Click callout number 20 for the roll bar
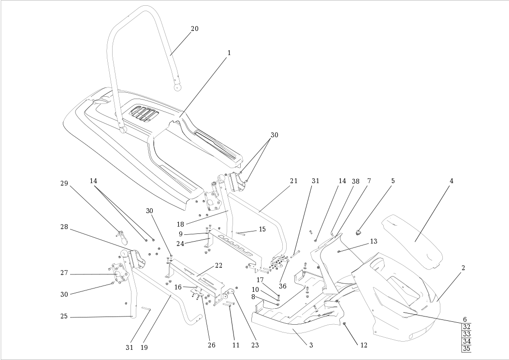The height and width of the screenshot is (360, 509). pos(194,29)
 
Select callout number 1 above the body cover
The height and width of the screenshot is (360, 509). pos(229,52)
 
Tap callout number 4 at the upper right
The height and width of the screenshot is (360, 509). pos(451,181)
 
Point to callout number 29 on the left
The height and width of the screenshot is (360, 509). pos(64,183)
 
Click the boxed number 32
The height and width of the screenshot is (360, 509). pos(466,327)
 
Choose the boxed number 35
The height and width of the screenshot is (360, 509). pos(466,348)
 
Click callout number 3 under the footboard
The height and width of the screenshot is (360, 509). pos(311,345)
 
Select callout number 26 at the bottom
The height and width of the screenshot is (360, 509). pos(211,345)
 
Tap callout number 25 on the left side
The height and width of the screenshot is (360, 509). pos(64,317)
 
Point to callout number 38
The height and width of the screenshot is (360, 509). pos(356,181)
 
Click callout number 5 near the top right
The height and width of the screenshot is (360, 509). pos(393,181)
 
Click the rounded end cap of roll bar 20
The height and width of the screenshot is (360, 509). pos(178,87)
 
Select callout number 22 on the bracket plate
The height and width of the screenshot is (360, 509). pos(218,265)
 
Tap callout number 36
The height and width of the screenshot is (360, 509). pos(283,286)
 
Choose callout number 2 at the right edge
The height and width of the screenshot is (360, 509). pos(463,267)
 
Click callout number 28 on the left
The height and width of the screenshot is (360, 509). pos(64,227)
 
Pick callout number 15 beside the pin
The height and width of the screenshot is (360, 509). pos(262,229)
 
